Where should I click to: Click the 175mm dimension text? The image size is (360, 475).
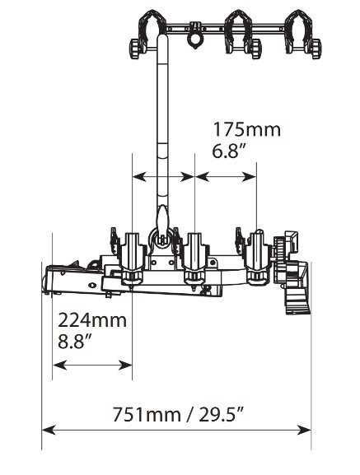pyautogui.click(x=247, y=129)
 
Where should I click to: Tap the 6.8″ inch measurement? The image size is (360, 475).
pyautogui.click(x=229, y=151)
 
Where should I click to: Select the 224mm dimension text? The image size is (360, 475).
pyautogui.click(x=92, y=320)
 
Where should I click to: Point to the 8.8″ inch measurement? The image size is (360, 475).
pyautogui.click(x=74, y=342)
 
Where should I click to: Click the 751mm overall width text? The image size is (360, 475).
pyautogui.click(x=147, y=414)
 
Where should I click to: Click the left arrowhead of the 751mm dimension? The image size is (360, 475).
pyautogui.click(x=49, y=430)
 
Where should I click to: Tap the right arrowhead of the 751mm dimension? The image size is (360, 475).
pyautogui.click(x=304, y=430)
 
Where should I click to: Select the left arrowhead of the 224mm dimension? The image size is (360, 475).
pyautogui.click(x=59, y=365)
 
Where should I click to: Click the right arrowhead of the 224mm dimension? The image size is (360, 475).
pyautogui.click(x=125, y=365)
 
